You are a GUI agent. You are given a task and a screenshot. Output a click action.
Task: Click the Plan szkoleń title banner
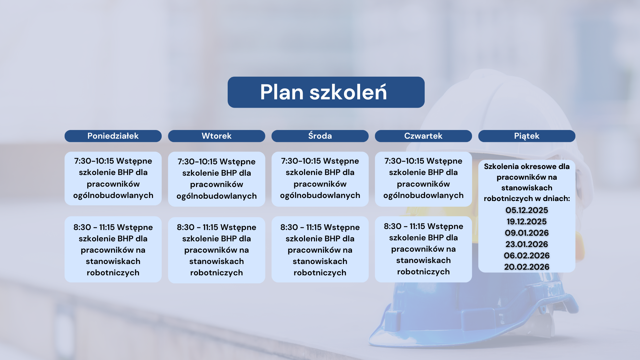point(326,92)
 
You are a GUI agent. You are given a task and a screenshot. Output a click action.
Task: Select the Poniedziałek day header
point(113,136)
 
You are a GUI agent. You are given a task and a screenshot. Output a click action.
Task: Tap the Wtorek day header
point(217,136)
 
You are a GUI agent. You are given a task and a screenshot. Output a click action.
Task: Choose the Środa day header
point(320,136)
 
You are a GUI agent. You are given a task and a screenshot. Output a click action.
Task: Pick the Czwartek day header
point(423,136)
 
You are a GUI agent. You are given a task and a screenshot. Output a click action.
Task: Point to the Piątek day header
point(527,136)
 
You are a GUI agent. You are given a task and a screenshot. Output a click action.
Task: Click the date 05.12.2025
point(527,210)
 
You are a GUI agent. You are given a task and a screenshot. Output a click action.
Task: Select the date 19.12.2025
point(527,222)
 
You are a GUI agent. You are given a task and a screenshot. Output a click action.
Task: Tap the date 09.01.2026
point(527,233)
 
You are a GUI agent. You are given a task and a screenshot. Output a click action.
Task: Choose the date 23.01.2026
point(527,244)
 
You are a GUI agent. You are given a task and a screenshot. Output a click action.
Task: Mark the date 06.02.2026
point(527,256)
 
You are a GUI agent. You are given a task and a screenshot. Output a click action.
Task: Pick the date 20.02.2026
point(527,267)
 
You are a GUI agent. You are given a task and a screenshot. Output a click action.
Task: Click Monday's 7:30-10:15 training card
point(113,178)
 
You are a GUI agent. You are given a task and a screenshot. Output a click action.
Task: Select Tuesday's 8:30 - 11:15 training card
point(217,250)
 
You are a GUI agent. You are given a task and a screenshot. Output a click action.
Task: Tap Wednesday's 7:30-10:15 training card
point(320,179)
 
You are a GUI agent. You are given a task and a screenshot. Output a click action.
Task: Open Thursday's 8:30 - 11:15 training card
point(423,249)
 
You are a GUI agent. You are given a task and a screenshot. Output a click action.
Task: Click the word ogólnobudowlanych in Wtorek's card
point(217,196)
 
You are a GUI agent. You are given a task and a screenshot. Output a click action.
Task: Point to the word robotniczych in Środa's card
point(320,273)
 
